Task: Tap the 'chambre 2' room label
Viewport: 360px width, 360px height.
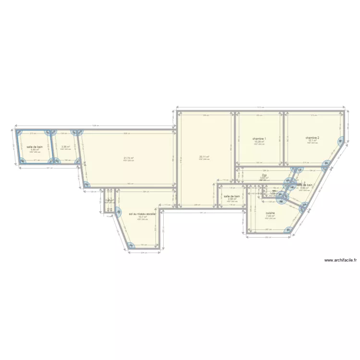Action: point(312,137)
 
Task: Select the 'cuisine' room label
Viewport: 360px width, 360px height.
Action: point(270,213)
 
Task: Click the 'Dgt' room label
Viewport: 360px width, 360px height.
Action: point(264,175)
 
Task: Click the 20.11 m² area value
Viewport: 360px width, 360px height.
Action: point(204,156)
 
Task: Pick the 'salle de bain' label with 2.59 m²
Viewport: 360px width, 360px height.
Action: point(231,196)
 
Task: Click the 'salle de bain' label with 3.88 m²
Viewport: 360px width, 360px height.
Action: point(304,185)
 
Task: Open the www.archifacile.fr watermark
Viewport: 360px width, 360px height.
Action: point(341,260)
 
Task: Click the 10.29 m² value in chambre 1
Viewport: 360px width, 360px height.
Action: point(259,142)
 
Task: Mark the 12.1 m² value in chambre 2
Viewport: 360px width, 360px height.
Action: point(312,140)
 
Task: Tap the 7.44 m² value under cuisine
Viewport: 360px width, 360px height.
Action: point(270,216)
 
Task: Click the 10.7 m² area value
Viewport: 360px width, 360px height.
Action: point(143,217)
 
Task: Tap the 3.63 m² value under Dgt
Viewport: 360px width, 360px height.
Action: point(264,178)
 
